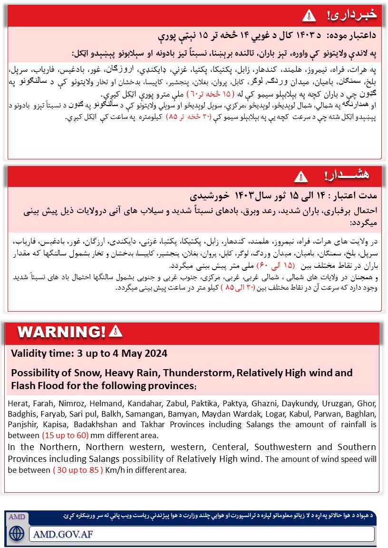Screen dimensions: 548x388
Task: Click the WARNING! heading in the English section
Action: coord(61,332)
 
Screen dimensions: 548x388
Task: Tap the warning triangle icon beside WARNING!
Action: coord(116,331)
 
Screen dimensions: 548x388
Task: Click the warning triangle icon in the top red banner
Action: coord(309,16)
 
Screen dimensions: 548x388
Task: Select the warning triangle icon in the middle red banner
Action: coord(299,177)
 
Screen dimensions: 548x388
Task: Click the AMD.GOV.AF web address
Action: coord(63,534)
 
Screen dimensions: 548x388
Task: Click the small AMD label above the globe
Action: coord(17,517)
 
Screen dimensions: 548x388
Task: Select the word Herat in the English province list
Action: coord(18,403)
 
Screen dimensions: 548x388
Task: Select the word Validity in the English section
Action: coord(29,354)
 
